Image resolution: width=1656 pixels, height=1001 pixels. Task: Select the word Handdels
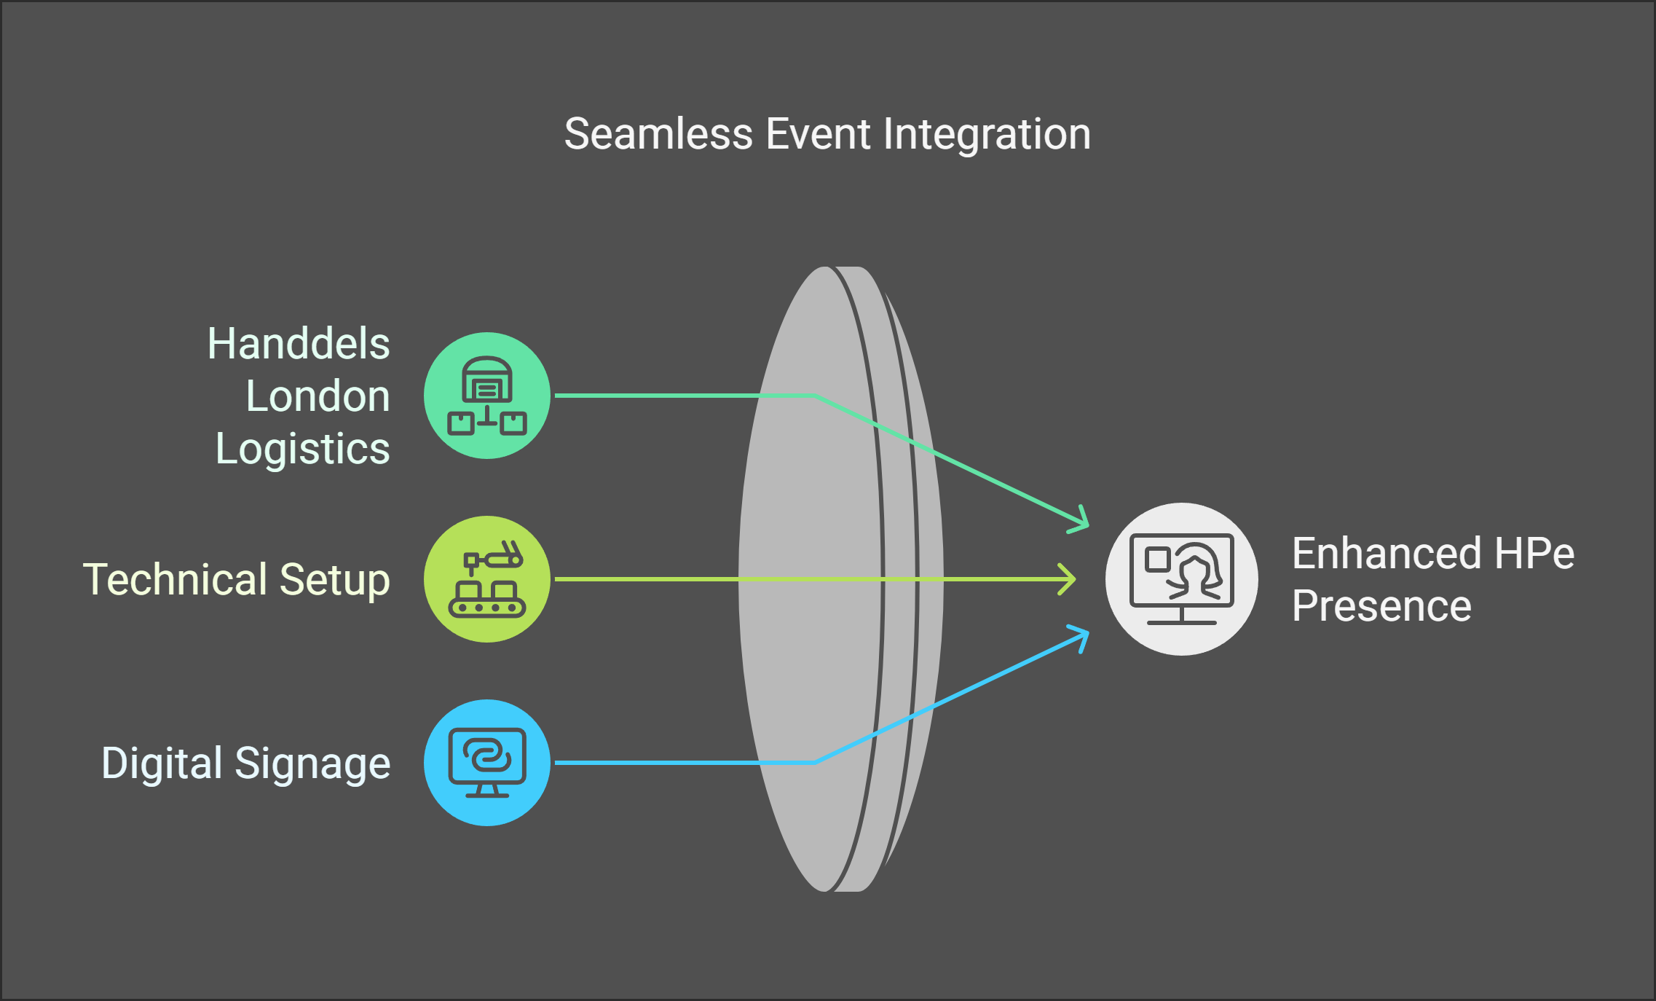[x=299, y=344]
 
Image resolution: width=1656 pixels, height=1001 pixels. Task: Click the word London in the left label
[x=318, y=396]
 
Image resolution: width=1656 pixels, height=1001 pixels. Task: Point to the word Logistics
[x=303, y=449]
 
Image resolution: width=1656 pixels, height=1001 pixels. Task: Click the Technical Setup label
[x=237, y=580]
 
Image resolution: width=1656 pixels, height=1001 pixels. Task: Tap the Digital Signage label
[x=246, y=763]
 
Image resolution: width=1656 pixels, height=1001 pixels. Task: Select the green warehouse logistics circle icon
[x=486, y=396]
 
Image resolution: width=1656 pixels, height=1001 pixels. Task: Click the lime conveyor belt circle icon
[x=486, y=579]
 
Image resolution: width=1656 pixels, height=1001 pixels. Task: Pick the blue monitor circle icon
[x=486, y=763]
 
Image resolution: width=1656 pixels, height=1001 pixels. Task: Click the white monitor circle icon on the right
[x=1181, y=579]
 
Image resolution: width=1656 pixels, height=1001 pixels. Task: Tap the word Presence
[x=1381, y=606]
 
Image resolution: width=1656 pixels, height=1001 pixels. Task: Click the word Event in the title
[x=818, y=135]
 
